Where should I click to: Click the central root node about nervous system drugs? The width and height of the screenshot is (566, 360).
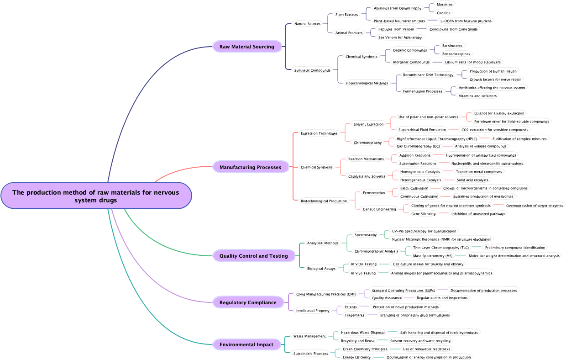point(96,196)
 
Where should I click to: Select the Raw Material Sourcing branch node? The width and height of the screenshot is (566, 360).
point(246,47)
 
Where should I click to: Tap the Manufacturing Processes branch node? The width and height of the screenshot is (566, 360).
point(250,167)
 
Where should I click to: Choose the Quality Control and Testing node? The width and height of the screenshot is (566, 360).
point(253,256)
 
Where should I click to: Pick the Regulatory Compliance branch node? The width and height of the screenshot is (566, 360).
point(248,302)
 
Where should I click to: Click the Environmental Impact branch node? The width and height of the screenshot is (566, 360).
point(246,344)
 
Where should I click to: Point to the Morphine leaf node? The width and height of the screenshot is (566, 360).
point(445,5)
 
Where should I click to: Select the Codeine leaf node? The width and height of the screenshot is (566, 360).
point(443,13)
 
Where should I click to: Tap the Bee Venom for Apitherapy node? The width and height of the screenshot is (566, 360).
point(400,37)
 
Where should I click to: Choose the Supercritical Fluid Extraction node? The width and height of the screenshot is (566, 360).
point(422,130)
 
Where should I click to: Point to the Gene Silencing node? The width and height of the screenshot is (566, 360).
point(423,214)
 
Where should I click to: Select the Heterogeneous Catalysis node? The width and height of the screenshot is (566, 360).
point(420,180)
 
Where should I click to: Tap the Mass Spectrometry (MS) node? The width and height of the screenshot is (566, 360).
point(432,256)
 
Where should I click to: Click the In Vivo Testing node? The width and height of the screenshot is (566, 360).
point(363,273)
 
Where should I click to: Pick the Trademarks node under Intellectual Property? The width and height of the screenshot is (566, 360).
point(354,315)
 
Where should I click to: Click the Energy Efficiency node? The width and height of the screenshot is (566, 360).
point(356,357)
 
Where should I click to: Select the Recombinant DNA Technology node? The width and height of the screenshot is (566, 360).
point(428,75)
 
